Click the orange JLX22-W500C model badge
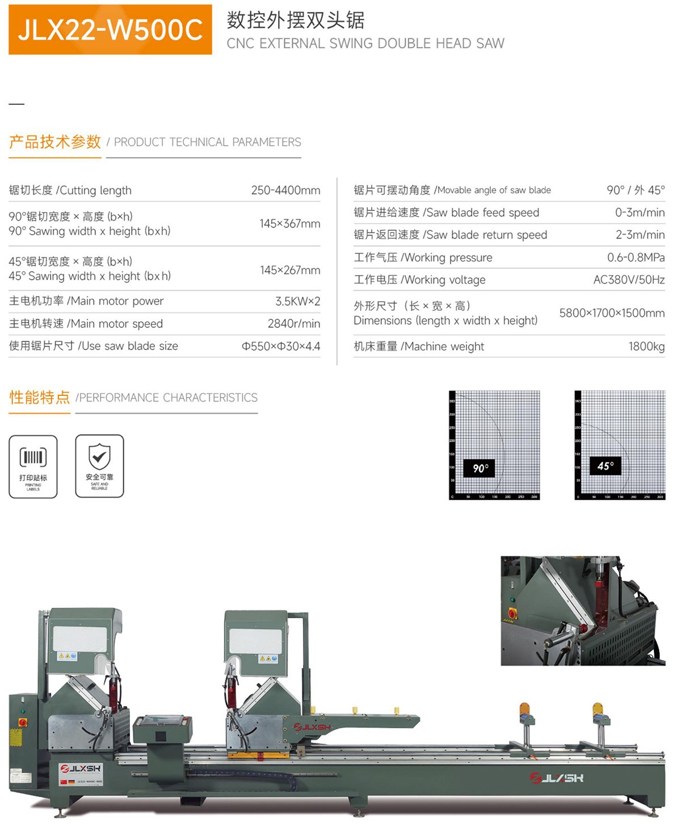tap(110, 29)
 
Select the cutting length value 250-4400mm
tap(285, 191)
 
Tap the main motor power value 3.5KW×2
tap(297, 301)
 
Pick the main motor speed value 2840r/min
tap(293, 324)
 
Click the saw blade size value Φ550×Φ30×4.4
tap(281, 346)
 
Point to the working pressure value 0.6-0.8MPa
tap(636, 257)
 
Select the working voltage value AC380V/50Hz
tap(629, 280)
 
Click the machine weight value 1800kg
tap(646, 346)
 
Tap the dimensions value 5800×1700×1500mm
tap(612, 313)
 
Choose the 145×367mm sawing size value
tap(289, 224)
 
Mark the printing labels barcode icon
tap(33, 457)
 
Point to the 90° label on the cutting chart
tap(480, 468)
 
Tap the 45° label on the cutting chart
tap(605, 466)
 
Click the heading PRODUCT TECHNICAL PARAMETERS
tap(207, 142)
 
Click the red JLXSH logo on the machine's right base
tap(556, 778)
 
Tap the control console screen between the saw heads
tap(162, 721)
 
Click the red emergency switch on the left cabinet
tap(23, 722)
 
